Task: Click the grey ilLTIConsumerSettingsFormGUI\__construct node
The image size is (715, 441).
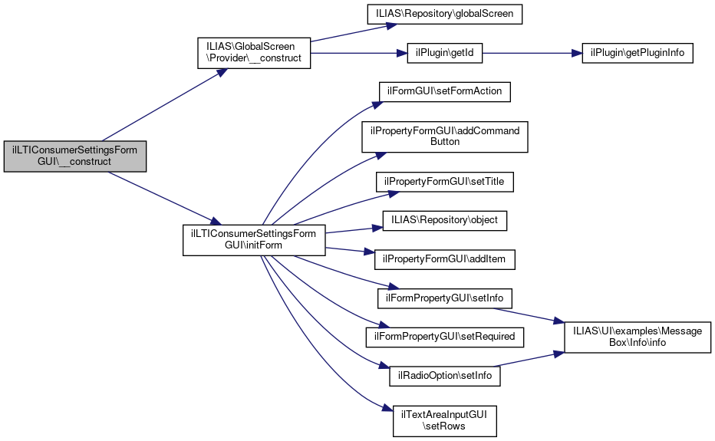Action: point(74,156)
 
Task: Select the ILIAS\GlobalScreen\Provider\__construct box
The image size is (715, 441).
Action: point(254,52)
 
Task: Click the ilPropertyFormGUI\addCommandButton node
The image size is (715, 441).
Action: point(445,136)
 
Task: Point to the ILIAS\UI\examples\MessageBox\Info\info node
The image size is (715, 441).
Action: point(638,337)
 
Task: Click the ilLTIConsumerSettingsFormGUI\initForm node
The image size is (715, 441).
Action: point(254,239)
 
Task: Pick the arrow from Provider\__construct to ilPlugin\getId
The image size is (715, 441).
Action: point(353,52)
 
